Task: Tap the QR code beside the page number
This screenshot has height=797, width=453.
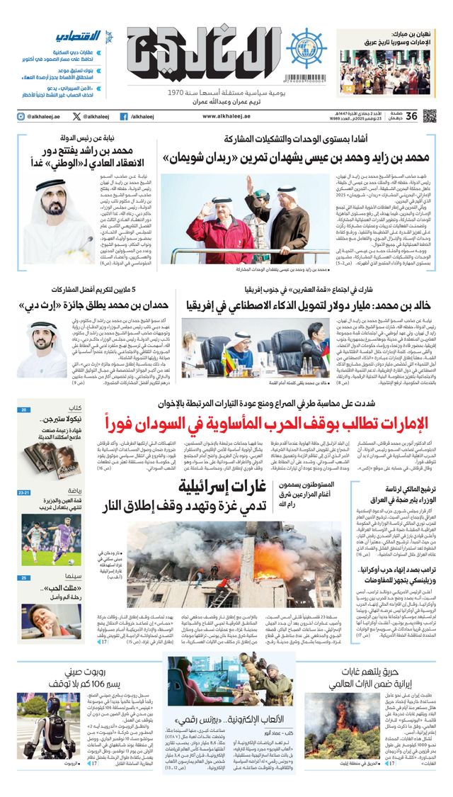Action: tap(430, 115)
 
